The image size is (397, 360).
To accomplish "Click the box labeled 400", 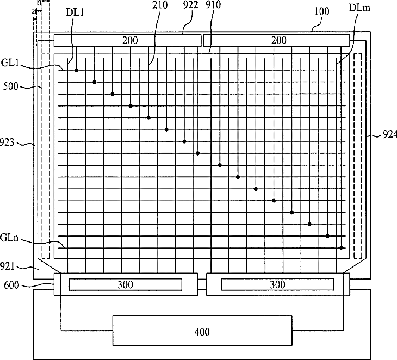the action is pos(202,331).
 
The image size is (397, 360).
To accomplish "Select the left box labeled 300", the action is pos(125,284).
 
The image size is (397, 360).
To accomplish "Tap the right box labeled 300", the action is pos(278,284).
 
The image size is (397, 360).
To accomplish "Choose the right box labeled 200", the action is pos(276,40).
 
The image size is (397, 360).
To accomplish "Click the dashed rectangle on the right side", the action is pos(358,156).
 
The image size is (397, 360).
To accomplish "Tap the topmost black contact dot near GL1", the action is pos(77,71).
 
